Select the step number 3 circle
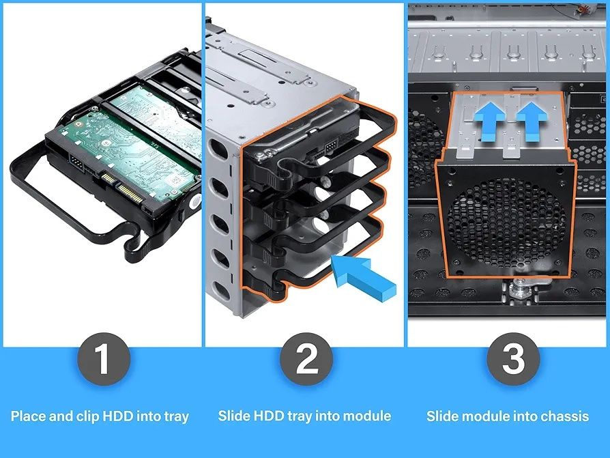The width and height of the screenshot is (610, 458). (514, 358)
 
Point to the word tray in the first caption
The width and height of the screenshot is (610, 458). (175, 416)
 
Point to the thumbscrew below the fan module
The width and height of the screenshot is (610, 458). (518, 289)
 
